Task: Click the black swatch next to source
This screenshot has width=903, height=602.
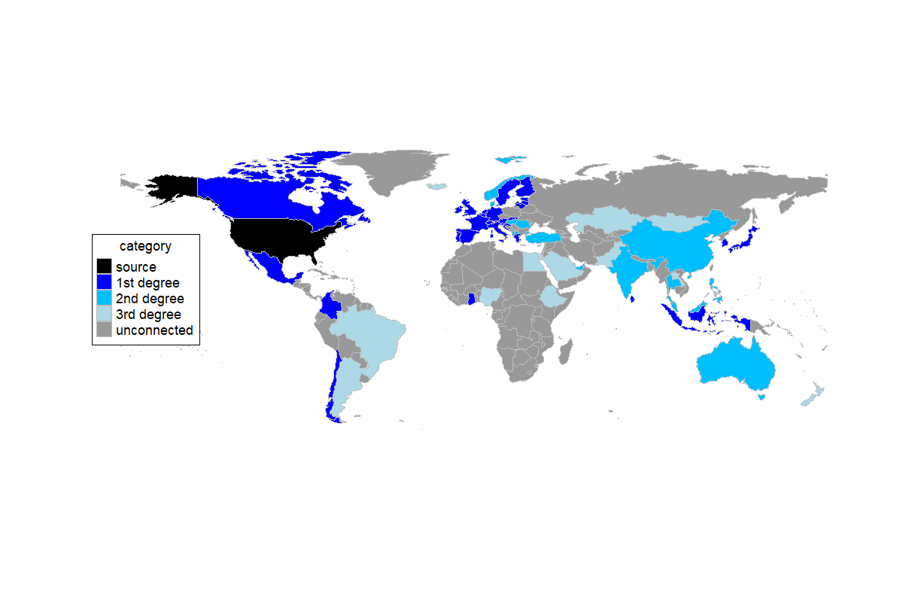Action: (104, 266)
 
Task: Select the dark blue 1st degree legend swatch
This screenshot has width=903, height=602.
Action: (104, 282)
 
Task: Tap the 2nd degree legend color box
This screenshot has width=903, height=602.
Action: (104, 298)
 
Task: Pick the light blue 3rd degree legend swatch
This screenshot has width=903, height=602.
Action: (104, 314)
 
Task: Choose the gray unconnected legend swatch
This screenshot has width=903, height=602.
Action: (104, 330)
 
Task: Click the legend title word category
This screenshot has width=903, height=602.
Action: (145, 246)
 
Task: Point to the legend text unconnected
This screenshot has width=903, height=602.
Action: (154, 330)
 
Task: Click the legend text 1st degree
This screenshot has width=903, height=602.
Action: (147, 282)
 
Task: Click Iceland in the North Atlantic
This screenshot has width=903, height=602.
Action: (436, 186)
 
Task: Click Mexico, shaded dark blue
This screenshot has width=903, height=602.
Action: (267, 263)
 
